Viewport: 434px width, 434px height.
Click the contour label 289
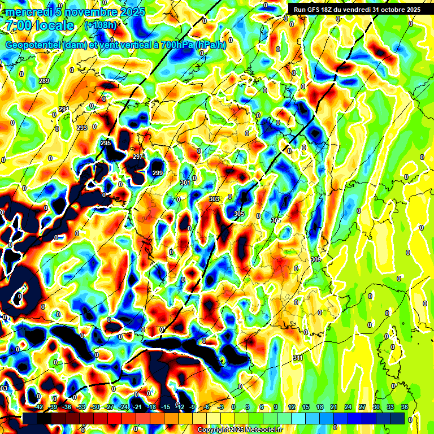tap(44, 81)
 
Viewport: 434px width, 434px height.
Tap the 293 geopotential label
tap(82, 128)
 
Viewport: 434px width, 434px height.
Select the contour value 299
tap(158, 173)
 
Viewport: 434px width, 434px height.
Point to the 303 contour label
tap(214, 199)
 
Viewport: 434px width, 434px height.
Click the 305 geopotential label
tap(239, 214)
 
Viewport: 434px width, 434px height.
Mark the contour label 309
tap(316, 259)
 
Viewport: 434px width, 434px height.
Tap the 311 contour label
tap(298, 358)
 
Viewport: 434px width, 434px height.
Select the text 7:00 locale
tap(39, 26)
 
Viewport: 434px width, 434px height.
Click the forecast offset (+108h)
tap(101, 25)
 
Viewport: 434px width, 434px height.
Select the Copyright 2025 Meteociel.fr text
tap(240, 429)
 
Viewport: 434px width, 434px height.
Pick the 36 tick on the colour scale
tap(405, 407)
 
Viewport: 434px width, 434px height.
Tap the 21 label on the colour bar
tap(334, 407)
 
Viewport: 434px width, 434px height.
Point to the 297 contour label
tap(137, 157)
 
